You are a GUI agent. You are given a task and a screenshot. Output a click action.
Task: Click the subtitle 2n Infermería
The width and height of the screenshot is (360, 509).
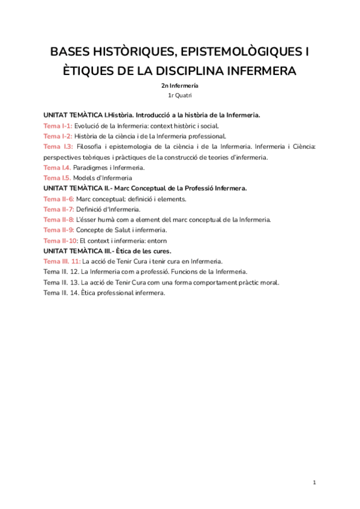click(x=180, y=86)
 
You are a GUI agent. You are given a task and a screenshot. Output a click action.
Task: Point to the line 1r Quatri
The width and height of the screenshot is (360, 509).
click(x=180, y=95)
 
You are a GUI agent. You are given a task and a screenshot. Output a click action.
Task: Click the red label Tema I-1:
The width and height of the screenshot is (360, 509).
click(x=58, y=125)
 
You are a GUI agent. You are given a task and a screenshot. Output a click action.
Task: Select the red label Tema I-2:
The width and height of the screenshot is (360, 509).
click(x=58, y=136)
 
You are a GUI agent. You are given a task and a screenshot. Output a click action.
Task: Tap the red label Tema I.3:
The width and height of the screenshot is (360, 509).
click(x=58, y=146)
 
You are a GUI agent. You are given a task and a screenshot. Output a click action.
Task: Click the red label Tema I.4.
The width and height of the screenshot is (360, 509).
click(x=57, y=167)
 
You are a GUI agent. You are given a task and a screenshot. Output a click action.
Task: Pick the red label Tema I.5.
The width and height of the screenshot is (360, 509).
click(x=57, y=178)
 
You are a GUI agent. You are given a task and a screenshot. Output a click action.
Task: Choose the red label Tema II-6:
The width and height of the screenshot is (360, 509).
click(x=59, y=199)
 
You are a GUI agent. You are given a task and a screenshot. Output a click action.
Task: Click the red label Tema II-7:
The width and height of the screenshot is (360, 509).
click(x=59, y=209)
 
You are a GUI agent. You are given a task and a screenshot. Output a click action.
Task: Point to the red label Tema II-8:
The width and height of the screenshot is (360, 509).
click(x=59, y=220)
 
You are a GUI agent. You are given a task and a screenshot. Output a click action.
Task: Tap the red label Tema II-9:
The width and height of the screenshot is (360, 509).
click(x=59, y=230)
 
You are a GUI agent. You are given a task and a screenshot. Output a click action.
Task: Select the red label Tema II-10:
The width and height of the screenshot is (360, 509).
click(x=61, y=241)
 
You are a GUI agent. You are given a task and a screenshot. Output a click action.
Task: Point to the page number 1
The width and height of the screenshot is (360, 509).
click(x=314, y=483)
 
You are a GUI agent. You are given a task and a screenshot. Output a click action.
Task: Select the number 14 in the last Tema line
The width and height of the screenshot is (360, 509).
click(x=75, y=293)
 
